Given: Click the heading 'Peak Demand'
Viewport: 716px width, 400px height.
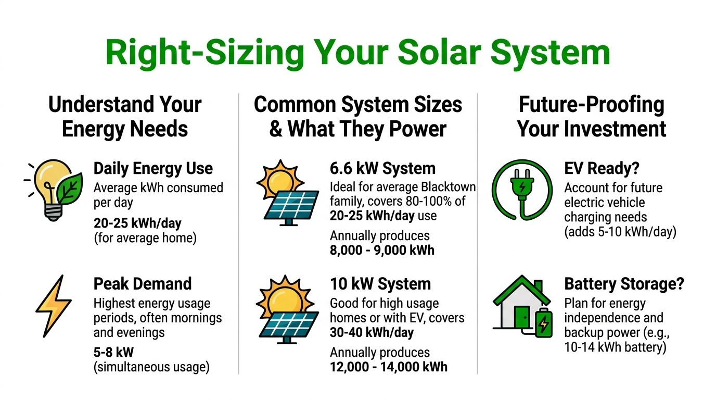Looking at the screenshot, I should (143, 284).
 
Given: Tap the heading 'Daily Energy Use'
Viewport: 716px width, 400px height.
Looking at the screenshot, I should (153, 169).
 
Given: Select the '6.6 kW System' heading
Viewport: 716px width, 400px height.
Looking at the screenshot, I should (382, 169).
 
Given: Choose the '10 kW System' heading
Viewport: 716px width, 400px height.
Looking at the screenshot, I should (380, 284).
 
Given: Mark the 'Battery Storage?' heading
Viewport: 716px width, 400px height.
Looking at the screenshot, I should (624, 284).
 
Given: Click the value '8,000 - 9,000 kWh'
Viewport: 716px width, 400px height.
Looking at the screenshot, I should (382, 250).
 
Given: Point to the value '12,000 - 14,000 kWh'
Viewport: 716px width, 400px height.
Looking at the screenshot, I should (389, 367).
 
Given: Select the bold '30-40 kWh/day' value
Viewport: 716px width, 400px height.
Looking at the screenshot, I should (372, 332).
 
